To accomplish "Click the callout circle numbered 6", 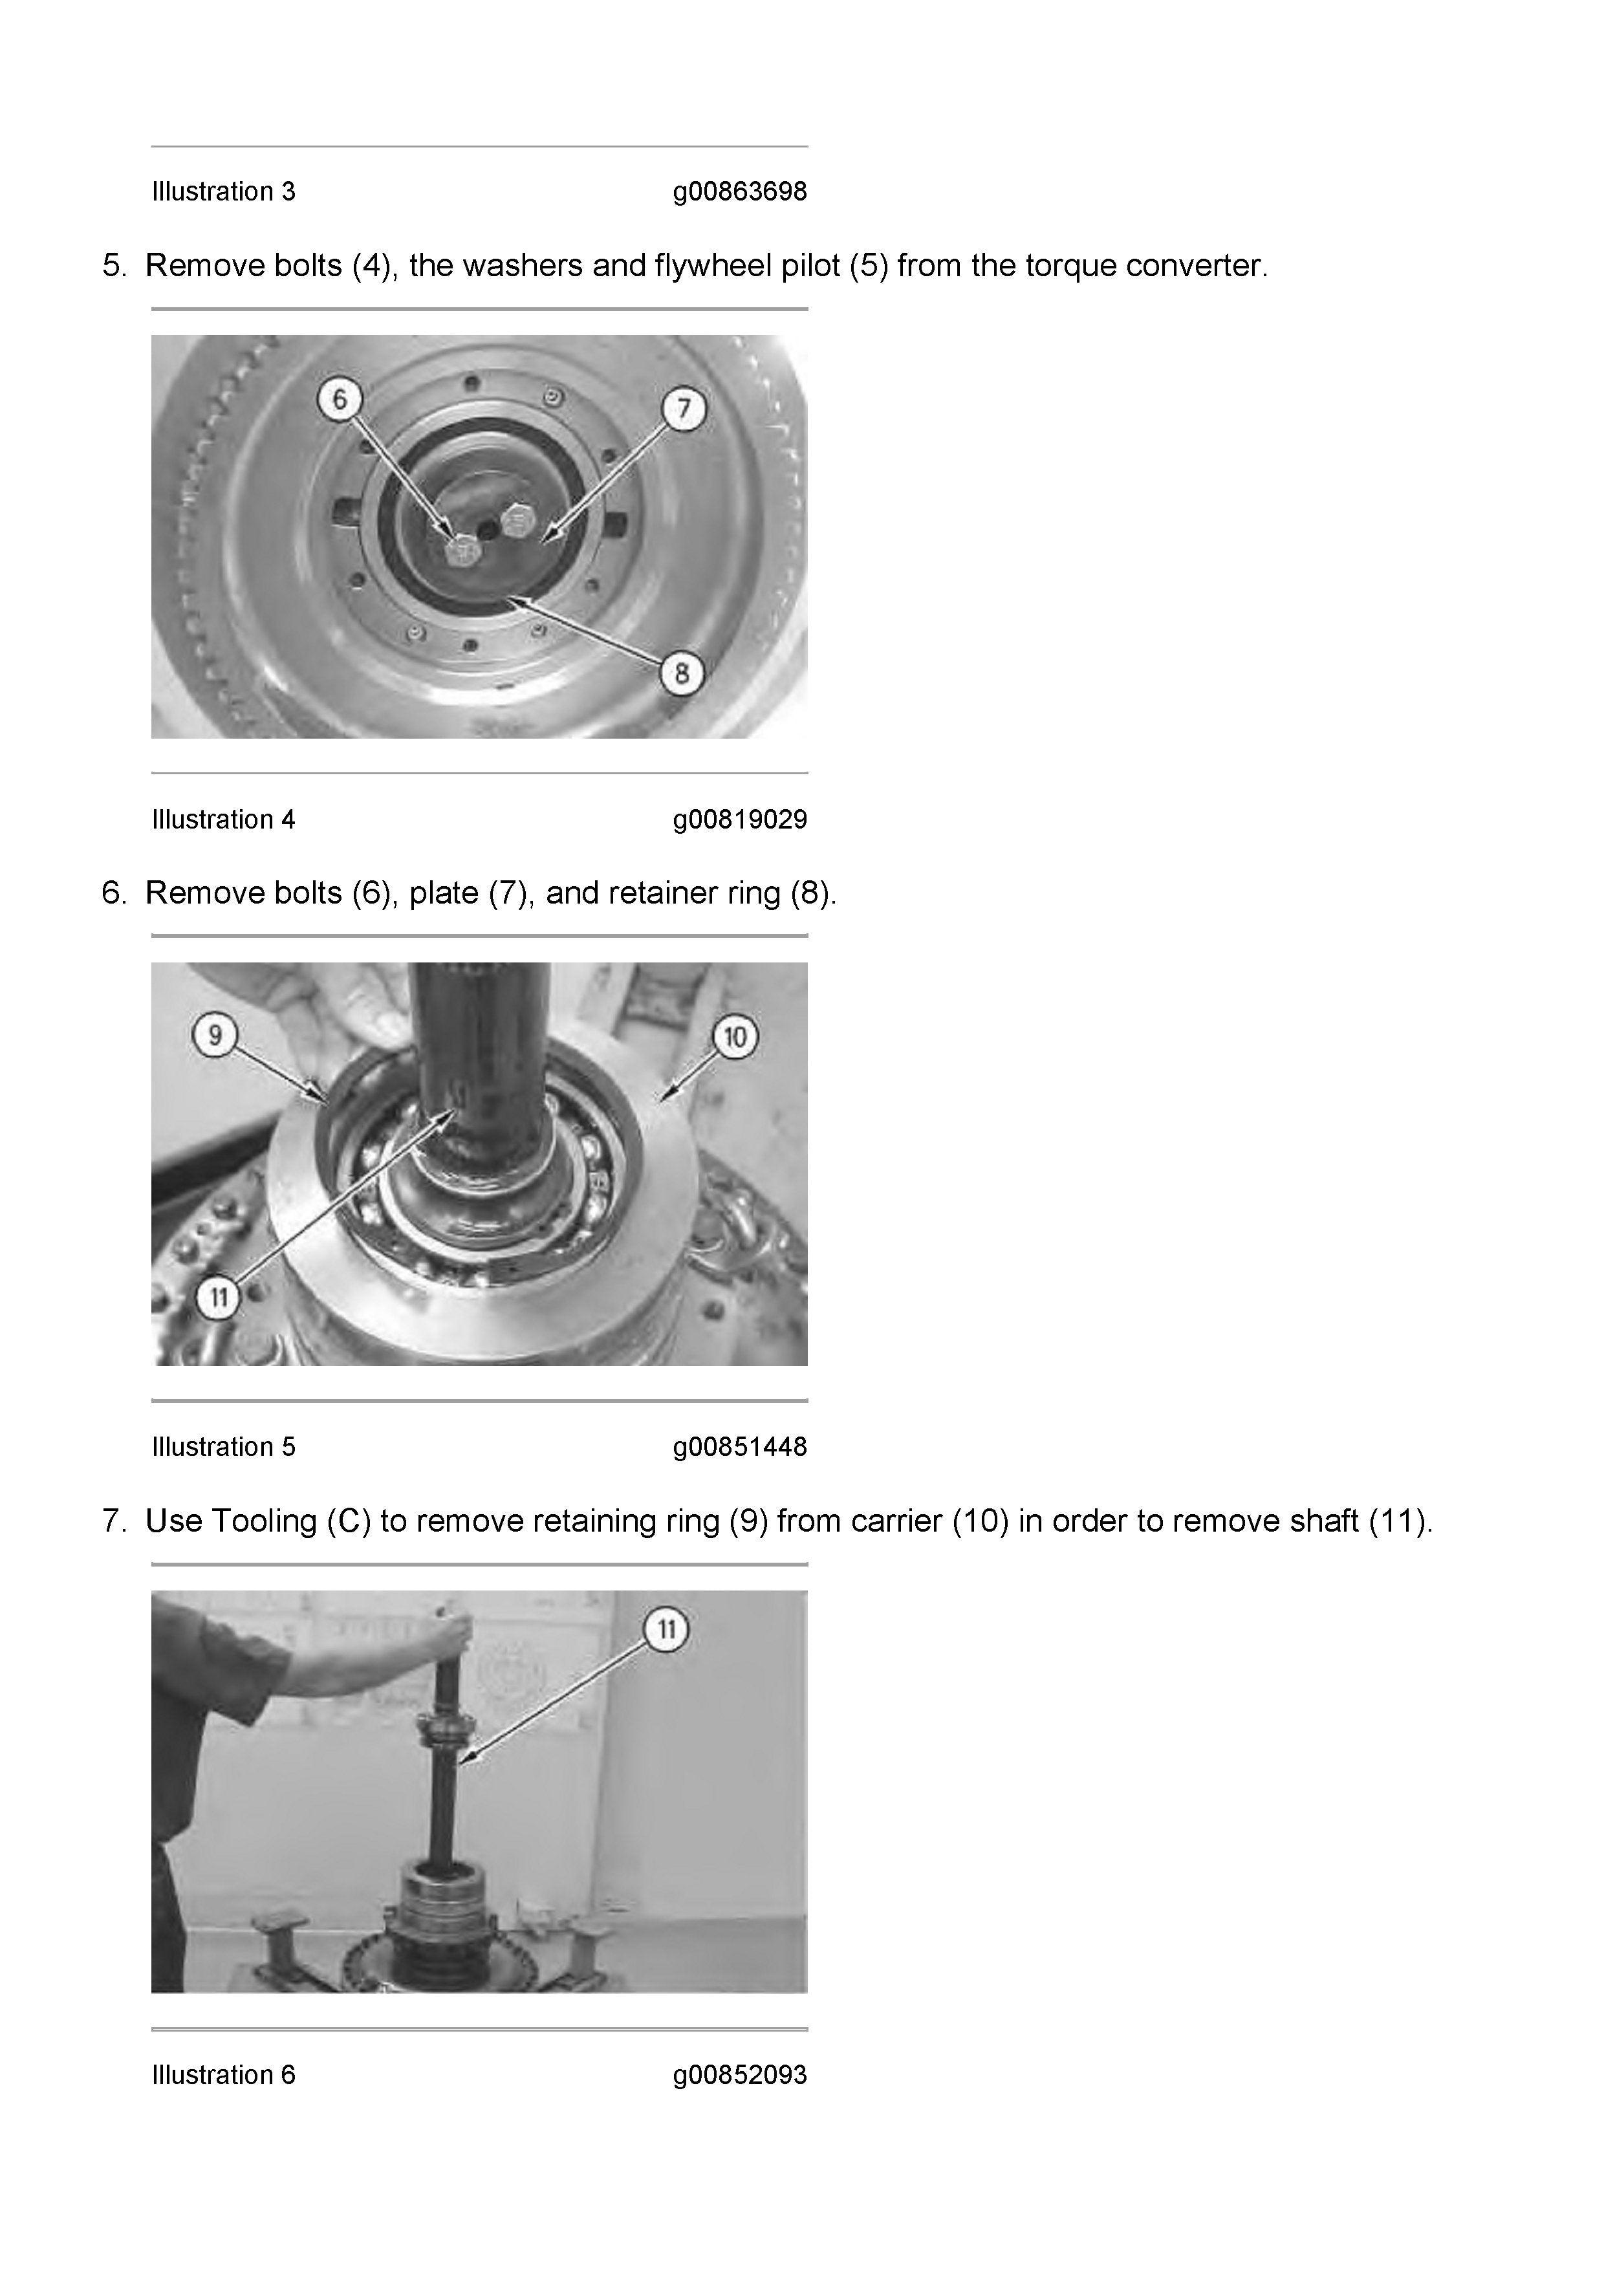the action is click(340, 399).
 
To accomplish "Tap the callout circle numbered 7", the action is click(684, 408).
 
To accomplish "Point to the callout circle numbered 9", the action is click(215, 1035).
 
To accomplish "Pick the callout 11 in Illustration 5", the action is click(219, 1297).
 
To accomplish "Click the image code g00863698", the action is click(740, 191).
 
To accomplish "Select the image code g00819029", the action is click(740, 820).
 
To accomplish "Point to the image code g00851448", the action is click(740, 1447).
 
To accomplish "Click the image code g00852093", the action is click(740, 2074).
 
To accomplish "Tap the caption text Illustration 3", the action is click(223, 191).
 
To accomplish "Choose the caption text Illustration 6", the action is click(223, 2074).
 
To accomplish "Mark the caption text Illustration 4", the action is click(223, 820).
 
